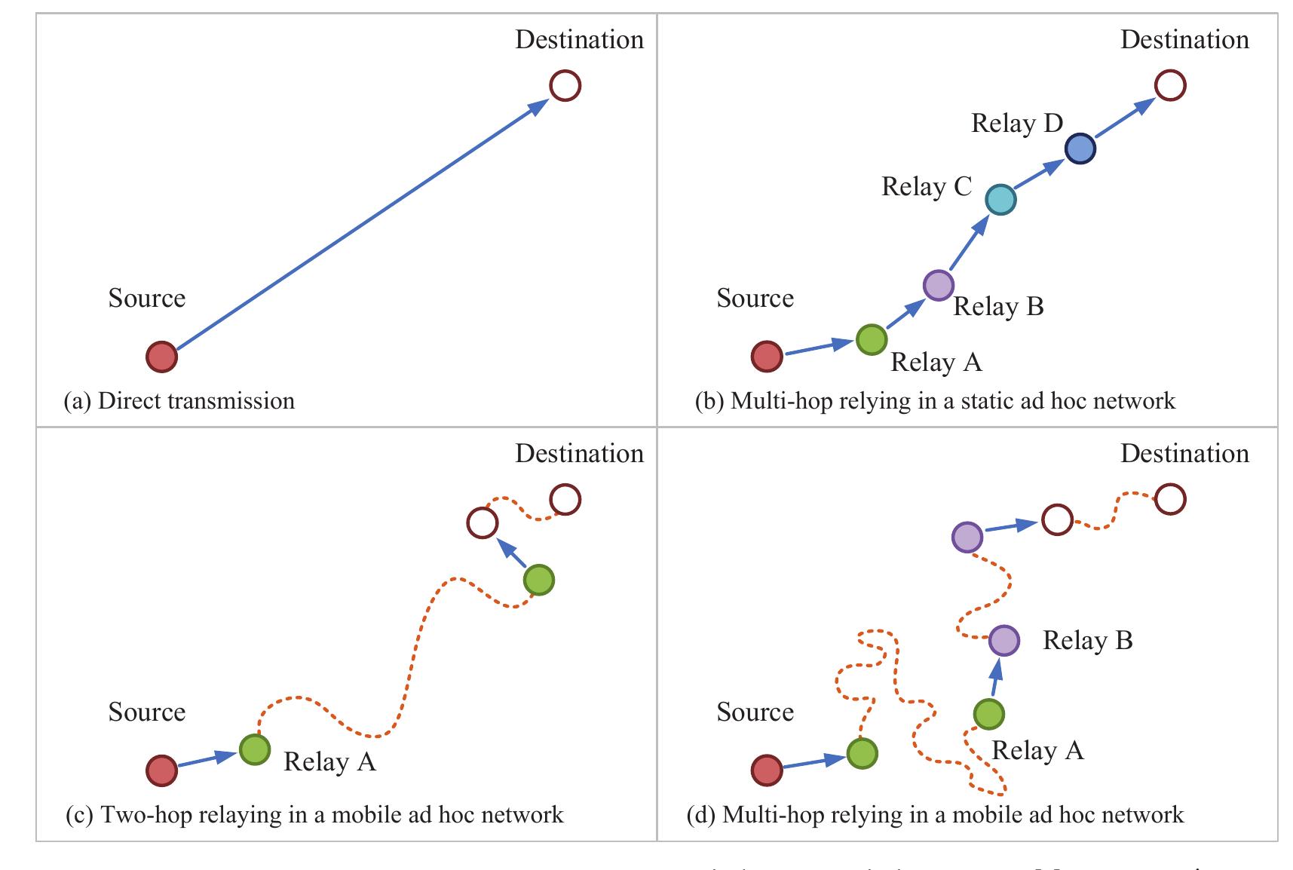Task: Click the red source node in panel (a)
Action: point(161,357)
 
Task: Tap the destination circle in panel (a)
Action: point(565,85)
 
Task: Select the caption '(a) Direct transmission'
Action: point(179,400)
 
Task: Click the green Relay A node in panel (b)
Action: point(872,339)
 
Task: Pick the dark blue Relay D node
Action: point(1080,149)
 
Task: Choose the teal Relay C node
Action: point(1001,200)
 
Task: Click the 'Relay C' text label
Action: point(927,186)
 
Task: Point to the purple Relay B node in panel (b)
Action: point(938,285)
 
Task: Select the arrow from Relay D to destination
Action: point(1125,118)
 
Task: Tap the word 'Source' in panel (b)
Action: point(755,298)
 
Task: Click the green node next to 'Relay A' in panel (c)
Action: point(255,749)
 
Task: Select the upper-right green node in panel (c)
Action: point(539,580)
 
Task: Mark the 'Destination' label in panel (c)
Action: point(579,453)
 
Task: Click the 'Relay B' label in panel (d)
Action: point(1087,640)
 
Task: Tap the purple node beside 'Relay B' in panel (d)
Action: point(1004,641)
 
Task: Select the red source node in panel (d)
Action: point(767,770)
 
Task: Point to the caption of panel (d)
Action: point(935,815)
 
